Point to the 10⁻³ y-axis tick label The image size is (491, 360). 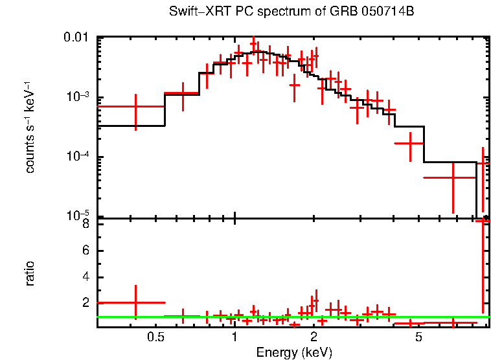coord(79,97)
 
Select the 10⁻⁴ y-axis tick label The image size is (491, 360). coord(79,157)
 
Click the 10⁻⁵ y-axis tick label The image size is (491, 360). coord(79,216)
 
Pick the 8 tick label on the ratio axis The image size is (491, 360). coord(85,225)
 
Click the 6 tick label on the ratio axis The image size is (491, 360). coord(85,251)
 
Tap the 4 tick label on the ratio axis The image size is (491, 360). coord(85,277)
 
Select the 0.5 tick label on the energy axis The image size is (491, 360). coord(155,337)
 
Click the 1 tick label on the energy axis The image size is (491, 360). coord(234,337)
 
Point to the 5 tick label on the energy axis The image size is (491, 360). coord(419,337)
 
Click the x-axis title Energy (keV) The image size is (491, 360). coord(294,352)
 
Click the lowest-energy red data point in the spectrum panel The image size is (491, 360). coord(135,106)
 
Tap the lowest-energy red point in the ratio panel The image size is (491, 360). coord(135,302)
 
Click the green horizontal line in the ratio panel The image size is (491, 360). coord(291,317)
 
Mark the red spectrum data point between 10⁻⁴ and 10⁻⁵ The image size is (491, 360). coord(453,177)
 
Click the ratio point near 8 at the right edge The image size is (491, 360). coord(483,221)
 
